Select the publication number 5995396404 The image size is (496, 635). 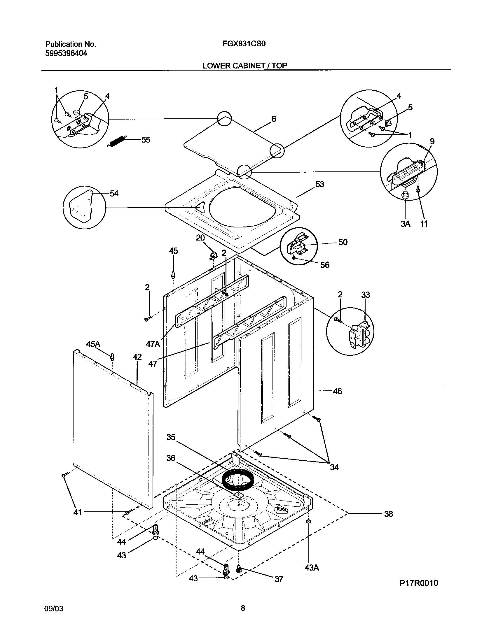pyautogui.click(x=66, y=53)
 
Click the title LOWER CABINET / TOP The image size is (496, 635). pyautogui.click(x=245, y=66)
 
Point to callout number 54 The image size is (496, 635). pyautogui.click(x=114, y=193)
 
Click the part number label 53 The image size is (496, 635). pyautogui.click(x=320, y=185)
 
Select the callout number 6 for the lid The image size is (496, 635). pyautogui.click(x=273, y=119)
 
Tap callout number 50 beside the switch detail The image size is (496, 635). pyautogui.click(x=343, y=242)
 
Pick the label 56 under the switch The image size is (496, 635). pyautogui.click(x=325, y=265)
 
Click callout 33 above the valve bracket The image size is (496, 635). pyautogui.click(x=365, y=295)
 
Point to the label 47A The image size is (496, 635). pyautogui.click(x=153, y=344)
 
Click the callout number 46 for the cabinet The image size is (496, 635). pyautogui.click(x=337, y=391)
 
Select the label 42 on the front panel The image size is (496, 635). pyautogui.click(x=137, y=357)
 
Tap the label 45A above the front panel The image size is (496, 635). pyautogui.click(x=93, y=344)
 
